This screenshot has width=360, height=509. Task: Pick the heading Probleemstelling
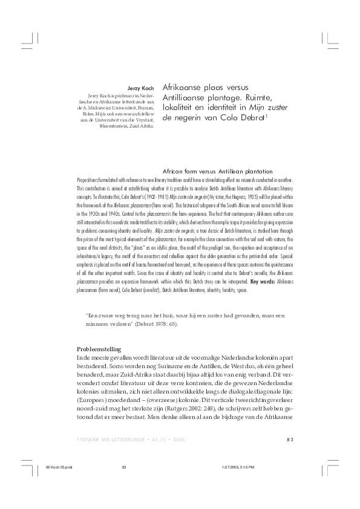tap(99, 349)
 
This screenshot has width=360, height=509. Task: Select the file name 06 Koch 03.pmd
tap(58, 467)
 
